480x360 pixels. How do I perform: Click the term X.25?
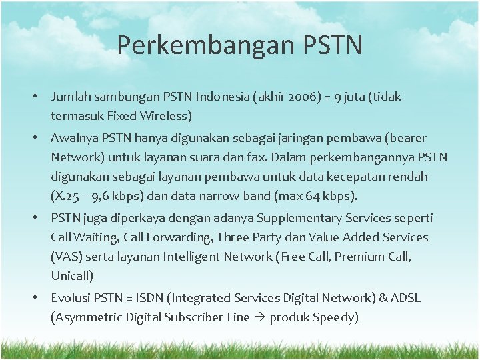coord(67,197)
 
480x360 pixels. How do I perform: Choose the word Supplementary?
coord(294,218)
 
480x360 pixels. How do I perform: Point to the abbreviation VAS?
coord(65,257)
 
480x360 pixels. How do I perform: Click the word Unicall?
coord(71,276)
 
